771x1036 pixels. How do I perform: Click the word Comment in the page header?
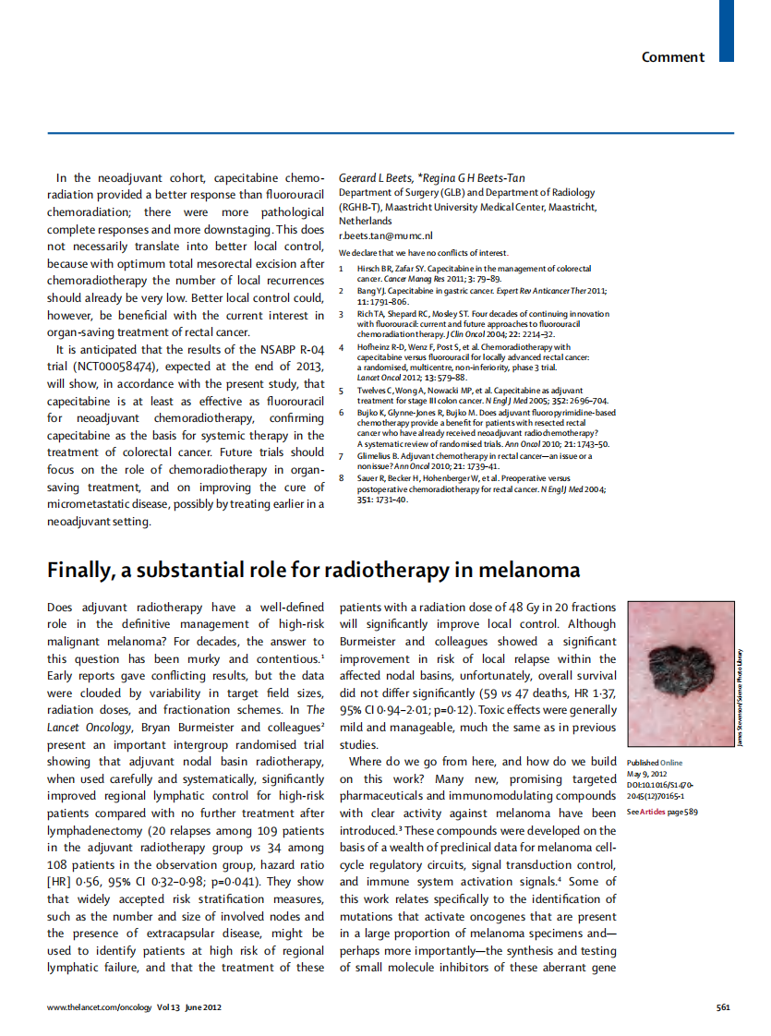[x=672, y=57]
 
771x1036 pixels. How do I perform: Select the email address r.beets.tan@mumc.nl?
[x=379, y=236]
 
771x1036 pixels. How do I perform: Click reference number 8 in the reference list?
[x=342, y=478]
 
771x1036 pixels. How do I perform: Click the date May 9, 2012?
[x=645, y=773]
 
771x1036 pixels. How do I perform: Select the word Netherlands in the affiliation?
[x=366, y=222]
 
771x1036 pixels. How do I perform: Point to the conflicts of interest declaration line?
[x=423, y=253]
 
